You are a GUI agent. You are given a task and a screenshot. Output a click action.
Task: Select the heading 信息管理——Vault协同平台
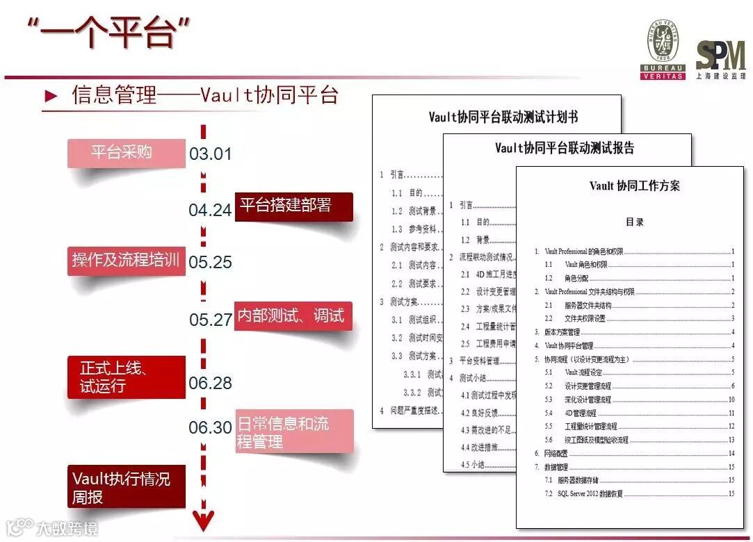coord(204,95)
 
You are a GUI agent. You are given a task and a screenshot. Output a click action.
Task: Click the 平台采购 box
coord(122,152)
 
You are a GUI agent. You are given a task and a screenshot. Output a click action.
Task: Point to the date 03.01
coord(210,154)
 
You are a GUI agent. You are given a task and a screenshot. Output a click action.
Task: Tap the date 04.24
coord(210,210)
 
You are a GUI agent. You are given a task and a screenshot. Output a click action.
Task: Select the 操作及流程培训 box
coord(126,261)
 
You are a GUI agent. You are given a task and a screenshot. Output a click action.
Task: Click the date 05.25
coord(210,263)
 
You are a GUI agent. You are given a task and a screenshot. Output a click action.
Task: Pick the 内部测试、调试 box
coord(291,316)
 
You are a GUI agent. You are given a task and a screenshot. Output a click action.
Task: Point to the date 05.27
coord(210,320)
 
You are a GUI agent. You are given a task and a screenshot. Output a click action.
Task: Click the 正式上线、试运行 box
coord(126,377)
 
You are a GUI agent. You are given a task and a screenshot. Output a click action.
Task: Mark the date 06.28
coord(210,383)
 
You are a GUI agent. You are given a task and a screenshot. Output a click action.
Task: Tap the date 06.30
coord(210,427)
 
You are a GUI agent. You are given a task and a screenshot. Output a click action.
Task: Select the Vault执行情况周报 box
coord(126,486)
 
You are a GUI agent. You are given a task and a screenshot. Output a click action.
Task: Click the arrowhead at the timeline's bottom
coord(204,520)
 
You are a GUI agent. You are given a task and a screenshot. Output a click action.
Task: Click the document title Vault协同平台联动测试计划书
coord(503,117)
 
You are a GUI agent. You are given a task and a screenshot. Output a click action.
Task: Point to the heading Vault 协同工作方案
coord(634,186)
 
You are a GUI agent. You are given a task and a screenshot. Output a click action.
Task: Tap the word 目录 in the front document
coord(634,222)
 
